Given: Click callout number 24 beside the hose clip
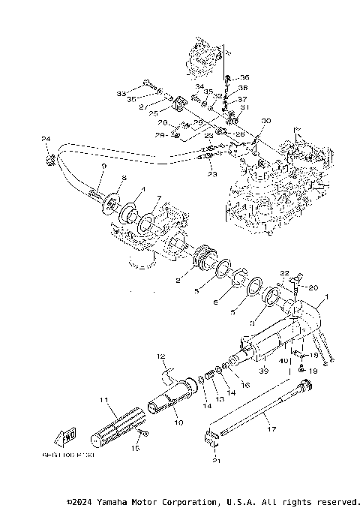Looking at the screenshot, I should tap(45, 139).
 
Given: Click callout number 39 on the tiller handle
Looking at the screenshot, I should tap(263, 371).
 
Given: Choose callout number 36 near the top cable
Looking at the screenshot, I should tap(244, 77).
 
